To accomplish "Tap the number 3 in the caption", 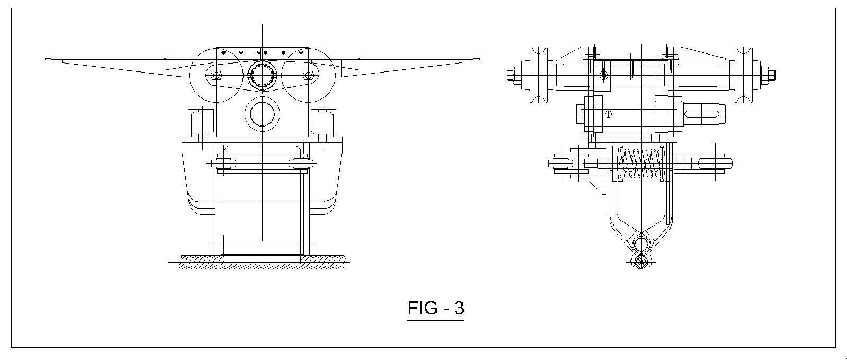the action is point(459,308).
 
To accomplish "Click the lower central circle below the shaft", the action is point(262,114).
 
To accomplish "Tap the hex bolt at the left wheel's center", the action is point(216,75).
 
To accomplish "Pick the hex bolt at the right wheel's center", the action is point(308,75).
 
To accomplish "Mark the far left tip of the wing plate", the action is point(46,59).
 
